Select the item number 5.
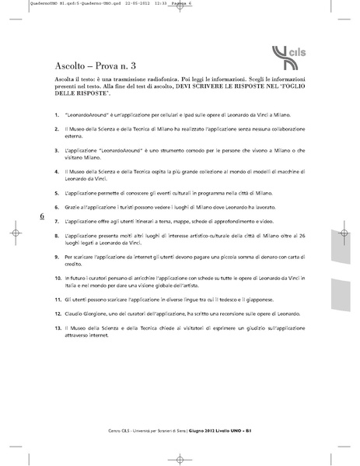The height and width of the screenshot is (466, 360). (x=58, y=191)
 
